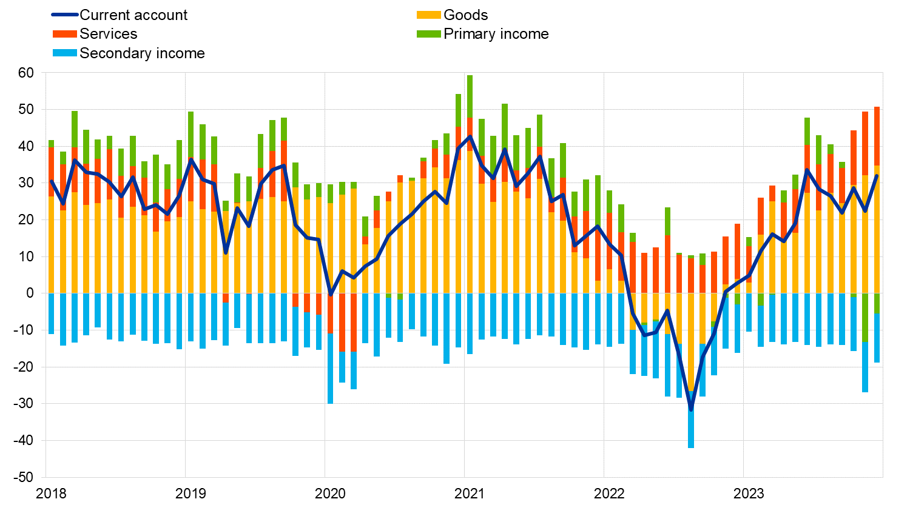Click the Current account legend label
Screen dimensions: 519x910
click(x=133, y=15)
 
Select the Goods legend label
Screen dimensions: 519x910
click(x=465, y=15)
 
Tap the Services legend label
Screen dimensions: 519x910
click(x=109, y=34)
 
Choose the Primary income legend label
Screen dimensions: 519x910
click(x=496, y=34)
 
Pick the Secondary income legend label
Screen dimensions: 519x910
click(x=142, y=53)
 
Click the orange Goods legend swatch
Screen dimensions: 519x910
click(x=428, y=15)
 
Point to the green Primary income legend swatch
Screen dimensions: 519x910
click(x=428, y=34)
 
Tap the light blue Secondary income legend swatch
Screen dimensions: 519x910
click(x=65, y=53)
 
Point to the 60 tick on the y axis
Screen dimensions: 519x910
click(x=26, y=73)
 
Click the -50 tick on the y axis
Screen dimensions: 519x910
click(x=24, y=477)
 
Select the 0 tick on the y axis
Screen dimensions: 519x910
click(x=30, y=293)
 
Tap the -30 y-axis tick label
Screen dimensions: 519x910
click(x=24, y=404)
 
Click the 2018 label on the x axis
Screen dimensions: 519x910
click(x=52, y=494)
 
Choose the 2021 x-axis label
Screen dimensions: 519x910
click(x=470, y=494)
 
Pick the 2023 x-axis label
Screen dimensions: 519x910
click(x=749, y=494)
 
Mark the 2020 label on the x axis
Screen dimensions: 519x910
click(x=330, y=494)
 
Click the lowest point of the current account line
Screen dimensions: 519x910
click(x=690, y=410)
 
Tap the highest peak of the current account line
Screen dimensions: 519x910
click(x=470, y=136)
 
